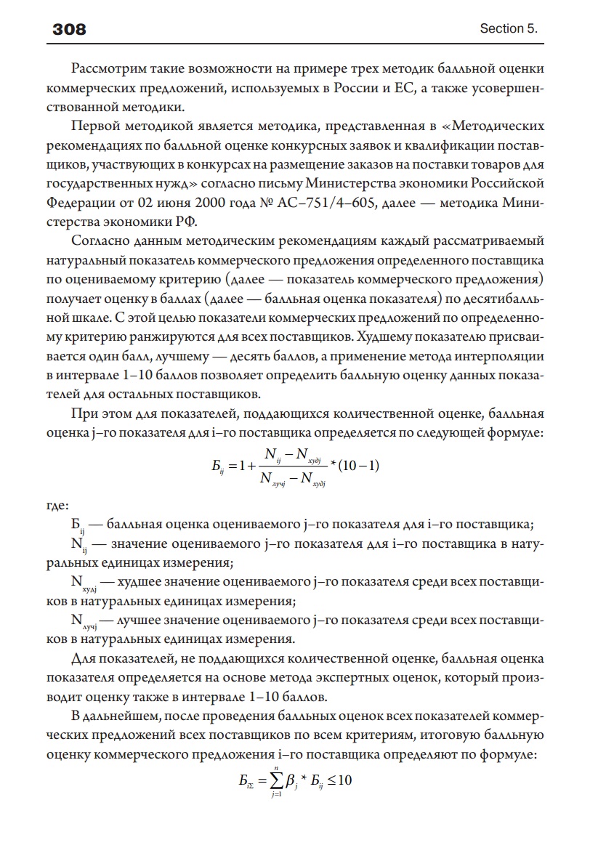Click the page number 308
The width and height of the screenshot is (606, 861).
[x=70, y=29]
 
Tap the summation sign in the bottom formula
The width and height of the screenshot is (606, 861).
[x=275, y=780]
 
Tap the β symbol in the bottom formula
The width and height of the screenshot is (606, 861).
[x=291, y=782]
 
